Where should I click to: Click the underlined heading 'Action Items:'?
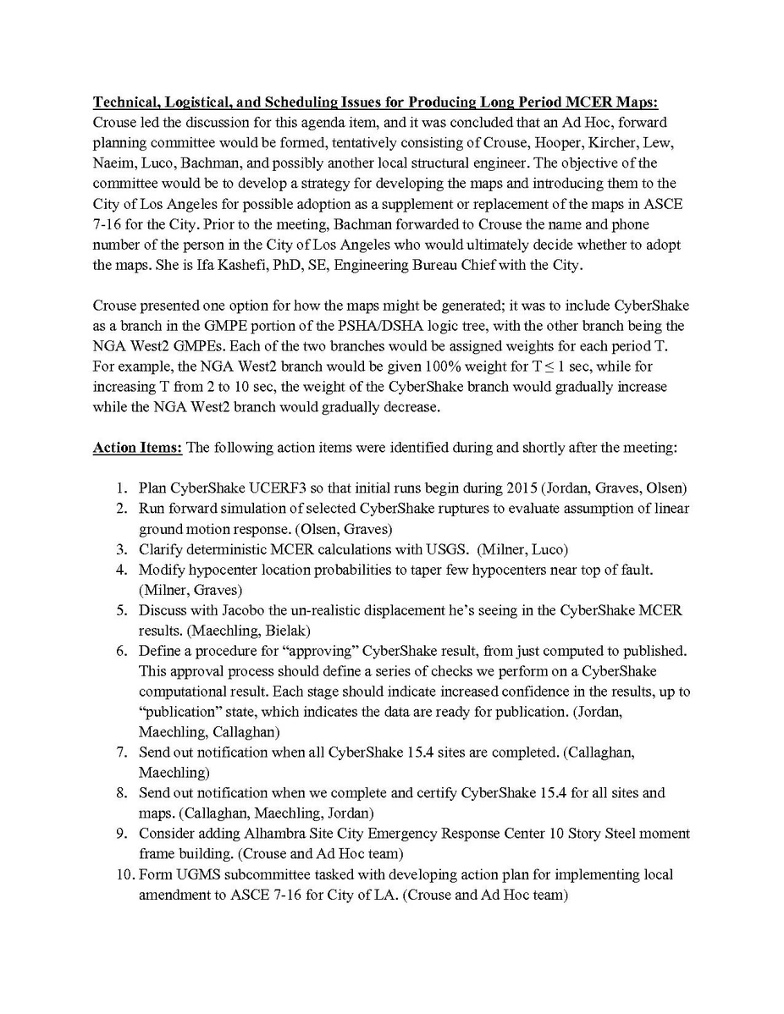[x=137, y=447]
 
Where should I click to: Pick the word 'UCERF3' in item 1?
[x=258, y=488]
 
